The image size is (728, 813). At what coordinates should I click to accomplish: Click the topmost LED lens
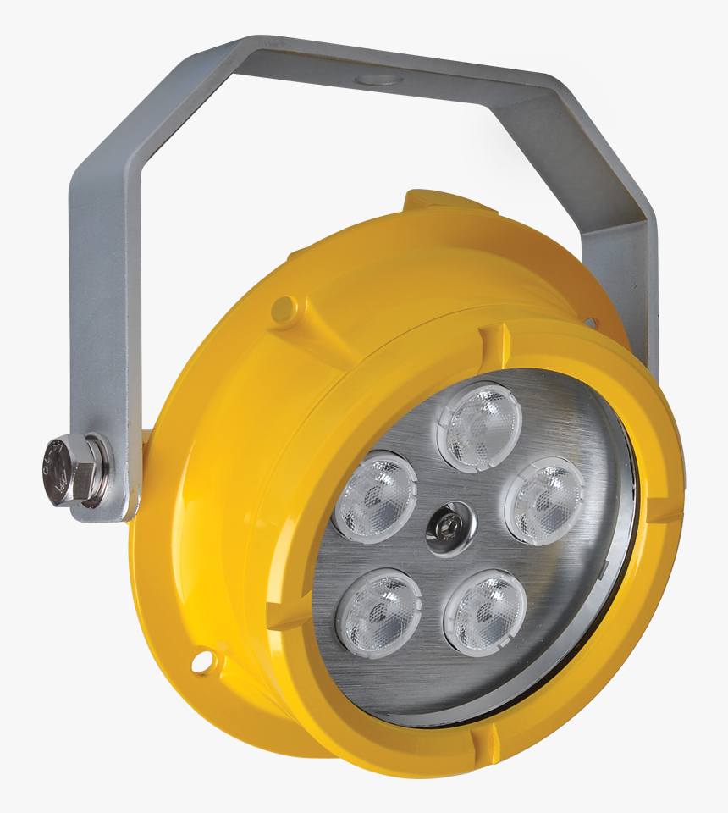click(478, 426)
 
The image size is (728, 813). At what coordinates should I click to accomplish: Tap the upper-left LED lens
click(375, 496)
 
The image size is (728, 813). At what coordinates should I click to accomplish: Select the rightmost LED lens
click(545, 501)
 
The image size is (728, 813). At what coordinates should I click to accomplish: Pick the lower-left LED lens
click(380, 611)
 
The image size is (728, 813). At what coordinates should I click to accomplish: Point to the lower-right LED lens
click(485, 611)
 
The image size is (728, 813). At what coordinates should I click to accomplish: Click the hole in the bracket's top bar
click(378, 80)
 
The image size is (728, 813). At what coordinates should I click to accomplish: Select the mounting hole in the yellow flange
click(201, 661)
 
